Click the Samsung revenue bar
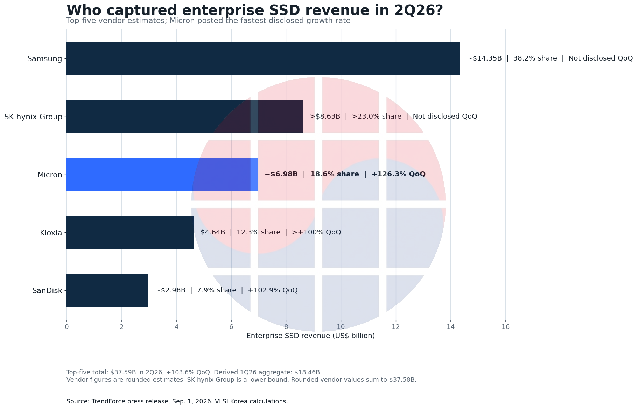click(x=263, y=58)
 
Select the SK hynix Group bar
click(x=185, y=117)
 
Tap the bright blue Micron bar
click(x=162, y=174)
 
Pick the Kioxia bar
click(x=130, y=232)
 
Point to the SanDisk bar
click(x=107, y=290)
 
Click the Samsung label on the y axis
click(x=44, y=58)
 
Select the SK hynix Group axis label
click(x=33, y=117)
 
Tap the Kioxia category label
click(x=51, y=233)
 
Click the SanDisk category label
click(x=47, y=290)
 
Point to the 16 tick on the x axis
click(x=505, y=327)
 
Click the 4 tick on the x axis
click(x=176, y=327)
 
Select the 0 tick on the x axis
click(x=66, y=327)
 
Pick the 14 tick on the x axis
click(x=450, y=327)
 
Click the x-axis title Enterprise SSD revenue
click(x=310, y=336)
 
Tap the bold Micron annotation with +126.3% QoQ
click(x=345, y=174)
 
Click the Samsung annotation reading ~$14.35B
click(x=550, y=58)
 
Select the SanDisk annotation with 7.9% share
click(x=226, y=290)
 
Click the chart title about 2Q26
click(x=255, y=10)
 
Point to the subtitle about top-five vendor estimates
click(x=209, y=21)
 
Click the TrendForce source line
click(x=177, y=401)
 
